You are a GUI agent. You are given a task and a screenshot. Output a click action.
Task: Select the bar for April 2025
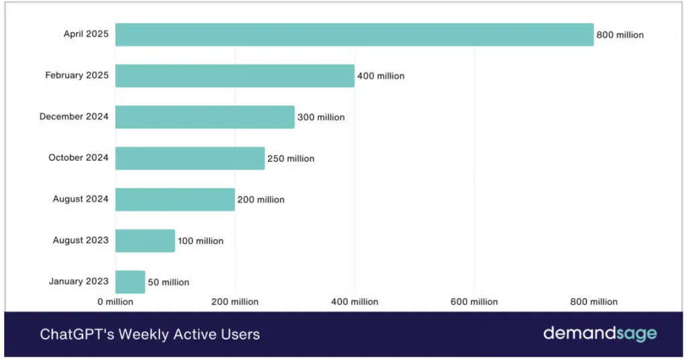coord(354,35)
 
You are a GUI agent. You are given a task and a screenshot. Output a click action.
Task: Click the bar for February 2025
coord(234,76)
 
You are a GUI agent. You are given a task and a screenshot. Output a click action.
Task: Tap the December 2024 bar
coord(204,117)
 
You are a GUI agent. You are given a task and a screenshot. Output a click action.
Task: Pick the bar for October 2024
coord(190,158)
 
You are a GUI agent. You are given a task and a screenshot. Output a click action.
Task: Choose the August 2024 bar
coord(175,199)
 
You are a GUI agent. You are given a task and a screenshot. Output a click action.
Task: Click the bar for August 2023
coord(145,241)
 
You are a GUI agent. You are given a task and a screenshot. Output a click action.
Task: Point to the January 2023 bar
coord(130,282)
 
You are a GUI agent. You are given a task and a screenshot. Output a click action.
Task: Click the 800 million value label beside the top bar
coord(620,35)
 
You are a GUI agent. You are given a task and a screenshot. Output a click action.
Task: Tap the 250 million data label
coord(291,159)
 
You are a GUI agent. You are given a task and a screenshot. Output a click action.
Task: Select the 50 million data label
coord(168,282)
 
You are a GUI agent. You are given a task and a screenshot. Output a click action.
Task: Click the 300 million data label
coord(321,117)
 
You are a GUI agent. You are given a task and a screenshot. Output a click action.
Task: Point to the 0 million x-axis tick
coord(115,302)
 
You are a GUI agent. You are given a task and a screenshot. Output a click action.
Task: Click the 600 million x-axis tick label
coord(474,302)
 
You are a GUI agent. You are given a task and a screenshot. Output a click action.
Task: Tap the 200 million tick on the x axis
coord(234,302)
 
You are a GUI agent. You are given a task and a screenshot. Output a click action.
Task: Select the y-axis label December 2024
coord(74,117)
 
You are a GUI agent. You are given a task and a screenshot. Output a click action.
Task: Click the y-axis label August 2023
coord(80,240)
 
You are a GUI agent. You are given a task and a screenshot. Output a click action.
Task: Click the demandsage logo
coord(600,333)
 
